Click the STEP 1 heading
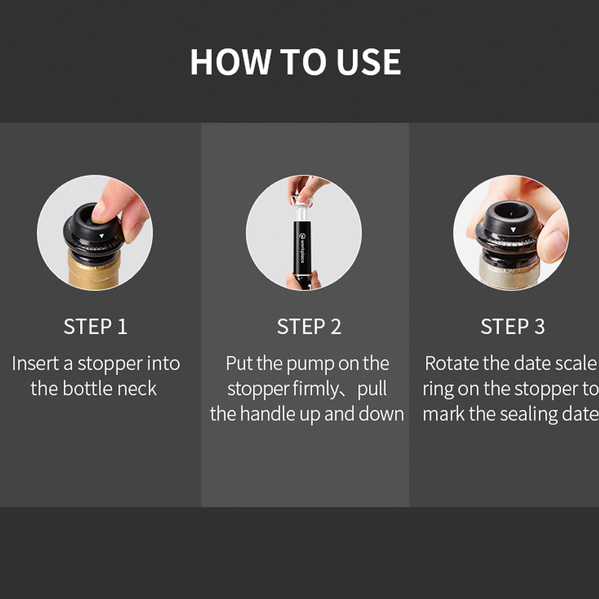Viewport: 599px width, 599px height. [95, 327]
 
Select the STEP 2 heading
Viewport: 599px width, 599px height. [309, 327]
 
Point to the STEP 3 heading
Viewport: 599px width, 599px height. [513, 327]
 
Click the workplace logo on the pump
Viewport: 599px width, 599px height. [302, 248]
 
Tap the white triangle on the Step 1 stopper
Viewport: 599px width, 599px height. [101, 236]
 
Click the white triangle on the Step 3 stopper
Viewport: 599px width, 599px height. [513, 230]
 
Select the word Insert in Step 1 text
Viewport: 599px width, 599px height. [36, 363]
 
